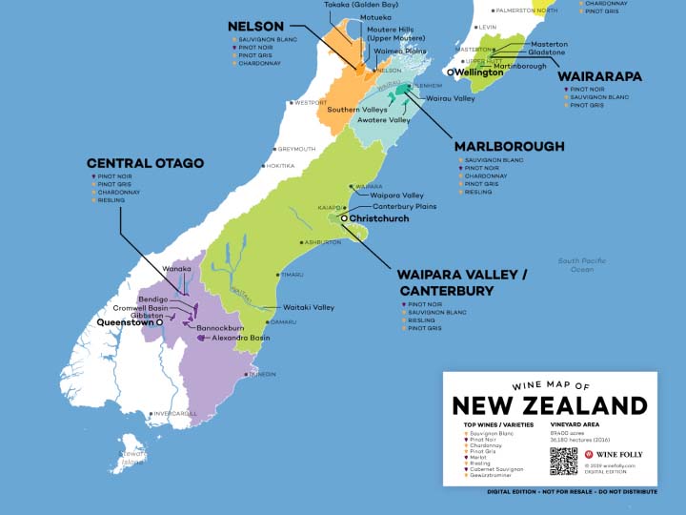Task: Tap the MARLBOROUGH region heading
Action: (x=509, y=146)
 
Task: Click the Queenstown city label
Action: (x=125, y=322)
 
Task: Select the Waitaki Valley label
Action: (x=309, y=307)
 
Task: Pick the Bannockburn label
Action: (x=220, y=328)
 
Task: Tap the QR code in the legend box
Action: (x=563, y=461)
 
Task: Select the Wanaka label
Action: (x=178, y=269)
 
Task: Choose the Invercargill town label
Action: (x=173, y=413)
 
